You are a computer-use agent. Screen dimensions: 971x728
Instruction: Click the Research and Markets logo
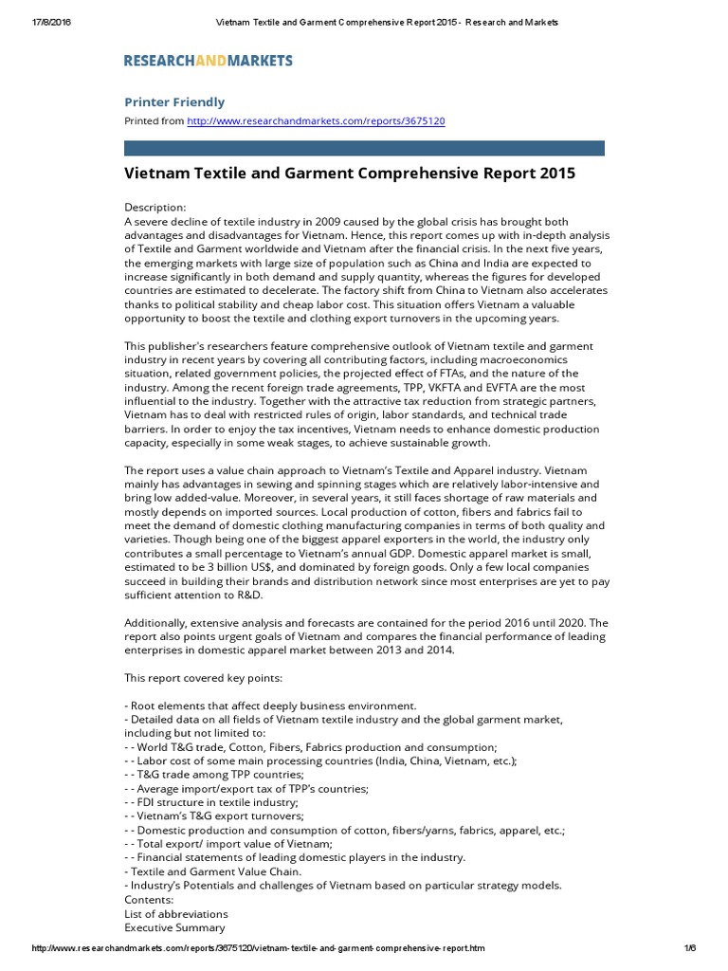tap(209, 61)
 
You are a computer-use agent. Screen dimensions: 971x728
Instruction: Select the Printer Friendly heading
tap(174, 101)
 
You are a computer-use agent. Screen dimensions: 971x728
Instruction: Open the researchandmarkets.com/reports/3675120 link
tap(316, 121)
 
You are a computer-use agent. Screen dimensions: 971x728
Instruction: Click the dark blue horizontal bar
tap(364, 148)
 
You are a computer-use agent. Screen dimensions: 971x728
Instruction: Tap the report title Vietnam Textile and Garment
tap(350, 174)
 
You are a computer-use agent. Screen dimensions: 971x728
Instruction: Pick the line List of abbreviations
tap(176, 913)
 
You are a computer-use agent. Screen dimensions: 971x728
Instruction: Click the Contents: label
tap(149, 899)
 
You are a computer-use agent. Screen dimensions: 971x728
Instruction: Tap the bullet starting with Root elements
tap(270, 705)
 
